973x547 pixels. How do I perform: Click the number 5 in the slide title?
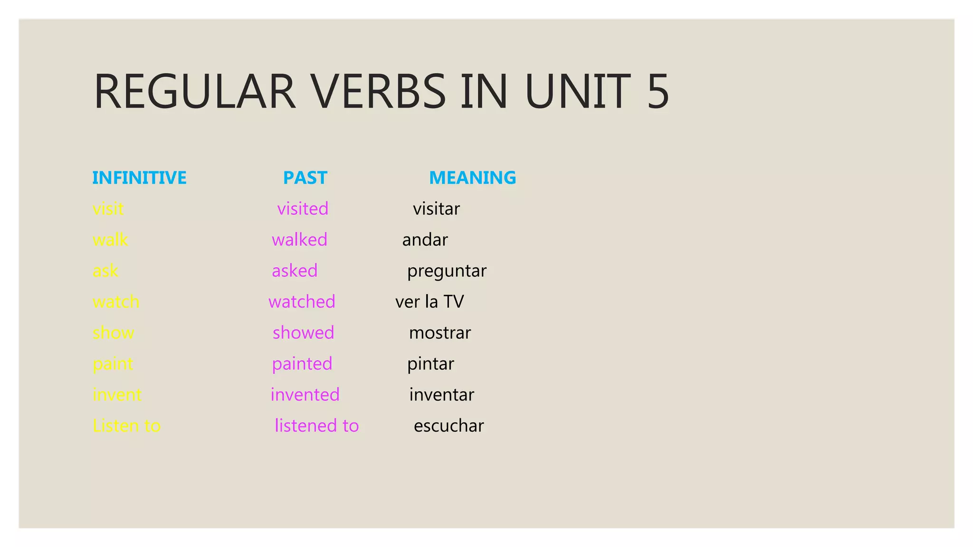pos(658,91)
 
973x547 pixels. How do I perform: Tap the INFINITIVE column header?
pos(139,178)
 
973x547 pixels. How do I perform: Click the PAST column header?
pos(305,178)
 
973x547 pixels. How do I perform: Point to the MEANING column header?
pos(472,178)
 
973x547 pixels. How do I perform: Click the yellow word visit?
pos(108,209)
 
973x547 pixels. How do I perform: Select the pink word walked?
pos(299,240)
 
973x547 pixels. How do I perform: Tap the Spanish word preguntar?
pos(447,271)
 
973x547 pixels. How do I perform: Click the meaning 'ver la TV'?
pos(429,302)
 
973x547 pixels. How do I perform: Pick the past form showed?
pos(303,332)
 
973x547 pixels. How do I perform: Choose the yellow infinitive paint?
pos(113,364)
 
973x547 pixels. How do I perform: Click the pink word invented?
pos(305,395)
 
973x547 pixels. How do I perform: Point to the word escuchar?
pos(448,426)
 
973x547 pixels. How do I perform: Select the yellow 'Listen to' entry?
pos(127,426)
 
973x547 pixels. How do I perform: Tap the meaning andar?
pos(425,240)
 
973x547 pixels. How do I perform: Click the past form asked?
pos(295,271)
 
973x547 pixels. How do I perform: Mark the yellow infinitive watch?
pos(116,302)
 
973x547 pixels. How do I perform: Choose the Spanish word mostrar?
pos(440,333)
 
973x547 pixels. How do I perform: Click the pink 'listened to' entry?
pos(316,426)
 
